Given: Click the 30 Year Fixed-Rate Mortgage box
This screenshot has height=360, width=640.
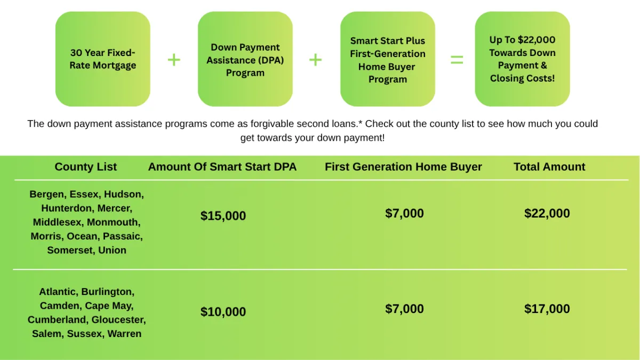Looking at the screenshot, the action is tap(103, 59).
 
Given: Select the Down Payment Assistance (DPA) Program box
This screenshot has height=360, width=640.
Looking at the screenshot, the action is tap(245, 59).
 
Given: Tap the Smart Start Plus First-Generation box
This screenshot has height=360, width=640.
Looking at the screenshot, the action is tap(388, 59).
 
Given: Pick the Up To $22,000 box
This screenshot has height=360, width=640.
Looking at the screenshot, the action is tap(522, 59).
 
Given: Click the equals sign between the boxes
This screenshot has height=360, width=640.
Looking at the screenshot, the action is tap(457, 60).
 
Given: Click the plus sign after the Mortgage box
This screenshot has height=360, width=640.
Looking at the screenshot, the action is tap(174, 60).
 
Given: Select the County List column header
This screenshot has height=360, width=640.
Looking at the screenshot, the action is tap(86, 166).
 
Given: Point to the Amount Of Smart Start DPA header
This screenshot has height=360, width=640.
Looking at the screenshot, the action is tap(222, 166).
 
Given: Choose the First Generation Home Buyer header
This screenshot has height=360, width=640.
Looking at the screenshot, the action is tap(403, 166).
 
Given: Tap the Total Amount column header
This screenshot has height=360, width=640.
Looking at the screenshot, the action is tap(549, 166).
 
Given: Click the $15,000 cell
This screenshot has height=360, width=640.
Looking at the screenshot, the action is tap(223, 215).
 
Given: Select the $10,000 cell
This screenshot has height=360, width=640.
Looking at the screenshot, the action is tap(223, 311).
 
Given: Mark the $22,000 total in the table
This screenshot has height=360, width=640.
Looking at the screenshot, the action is tap(547, 213).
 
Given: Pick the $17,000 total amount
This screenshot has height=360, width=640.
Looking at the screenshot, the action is tap(547, 309).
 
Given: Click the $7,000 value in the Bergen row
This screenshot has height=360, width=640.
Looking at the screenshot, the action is tap(405, 213).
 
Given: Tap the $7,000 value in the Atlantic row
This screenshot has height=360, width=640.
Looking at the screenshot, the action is tap(405, 309).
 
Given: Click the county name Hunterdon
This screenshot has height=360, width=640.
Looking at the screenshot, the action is tap(68, 208).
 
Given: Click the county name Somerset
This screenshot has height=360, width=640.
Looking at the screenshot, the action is tap(71, 250).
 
